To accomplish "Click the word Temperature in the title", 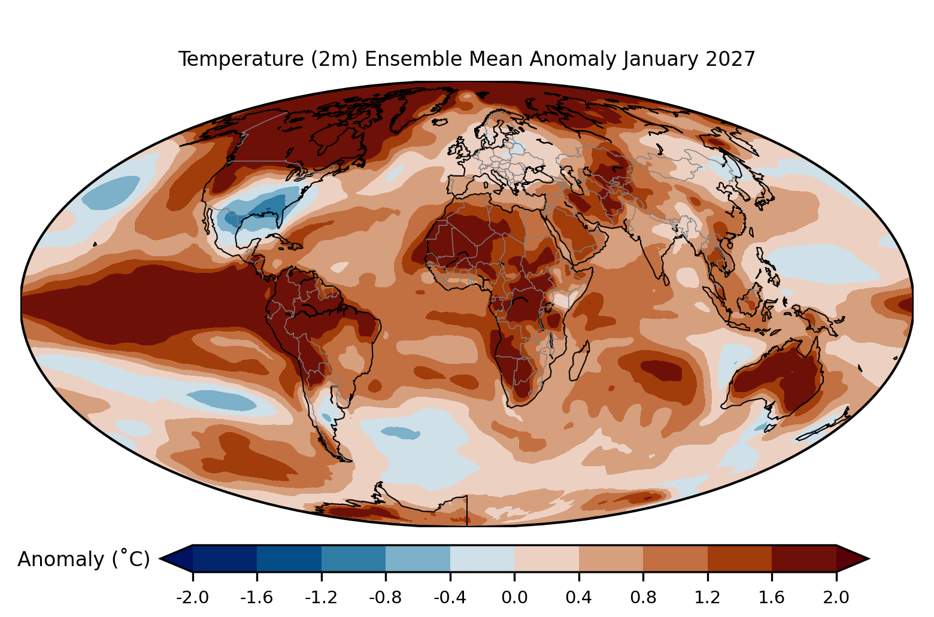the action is (241, 59).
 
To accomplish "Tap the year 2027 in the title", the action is (730, 59).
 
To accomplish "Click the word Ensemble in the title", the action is (413, 59).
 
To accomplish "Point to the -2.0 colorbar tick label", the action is (192, 598).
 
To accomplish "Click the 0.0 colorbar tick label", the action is (514, 598).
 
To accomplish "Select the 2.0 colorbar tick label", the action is (836, 598).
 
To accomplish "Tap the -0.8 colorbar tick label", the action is (386, 598).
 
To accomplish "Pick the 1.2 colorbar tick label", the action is (708, 598).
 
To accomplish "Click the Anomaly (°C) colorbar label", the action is (83, 559).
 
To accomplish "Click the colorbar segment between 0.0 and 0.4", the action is (547, 558).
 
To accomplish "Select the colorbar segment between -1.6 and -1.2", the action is (289, 558).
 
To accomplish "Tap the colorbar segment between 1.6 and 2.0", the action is (804, 558).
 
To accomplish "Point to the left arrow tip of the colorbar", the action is (160, 558).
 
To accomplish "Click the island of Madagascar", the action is (580, 361).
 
